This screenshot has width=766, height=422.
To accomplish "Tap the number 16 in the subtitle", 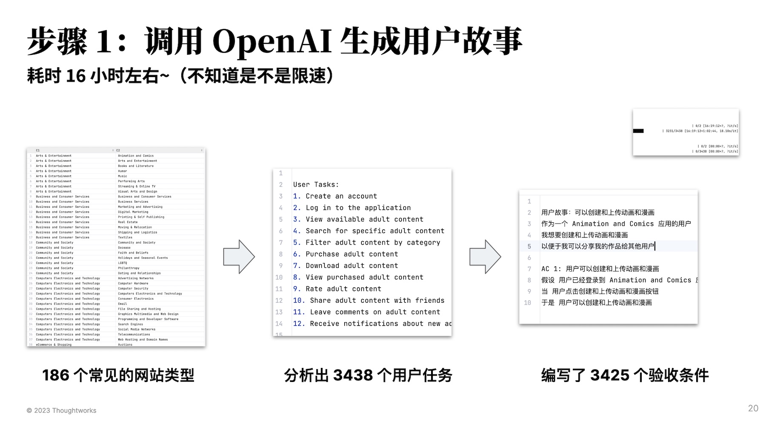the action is pos(76,76).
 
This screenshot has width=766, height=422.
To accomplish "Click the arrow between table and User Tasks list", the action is pos(239,256).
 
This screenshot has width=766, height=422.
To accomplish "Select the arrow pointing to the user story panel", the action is pos(485,256).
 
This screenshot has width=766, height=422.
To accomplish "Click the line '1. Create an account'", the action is pos(335,196).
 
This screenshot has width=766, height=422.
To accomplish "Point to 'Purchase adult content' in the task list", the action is pos(352,254).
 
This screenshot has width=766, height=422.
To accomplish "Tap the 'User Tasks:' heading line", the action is pos(316,185).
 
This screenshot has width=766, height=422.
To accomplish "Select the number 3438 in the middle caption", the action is pos(352,375).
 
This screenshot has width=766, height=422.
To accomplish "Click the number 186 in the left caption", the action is pos(55,375).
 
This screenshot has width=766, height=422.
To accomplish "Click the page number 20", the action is pos(753,408).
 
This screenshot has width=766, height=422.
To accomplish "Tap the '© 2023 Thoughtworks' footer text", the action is pos(61,411).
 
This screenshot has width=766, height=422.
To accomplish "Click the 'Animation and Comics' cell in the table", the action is pos(136,156).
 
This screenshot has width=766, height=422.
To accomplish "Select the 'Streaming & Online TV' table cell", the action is pos(137,187).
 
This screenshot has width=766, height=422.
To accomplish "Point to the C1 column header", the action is pos(38,150).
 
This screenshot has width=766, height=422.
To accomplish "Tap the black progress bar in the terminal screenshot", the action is pos(638,131).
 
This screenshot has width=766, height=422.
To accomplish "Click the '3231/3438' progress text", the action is pos(674,131).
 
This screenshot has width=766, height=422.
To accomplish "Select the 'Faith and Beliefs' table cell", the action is pos(133,253).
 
